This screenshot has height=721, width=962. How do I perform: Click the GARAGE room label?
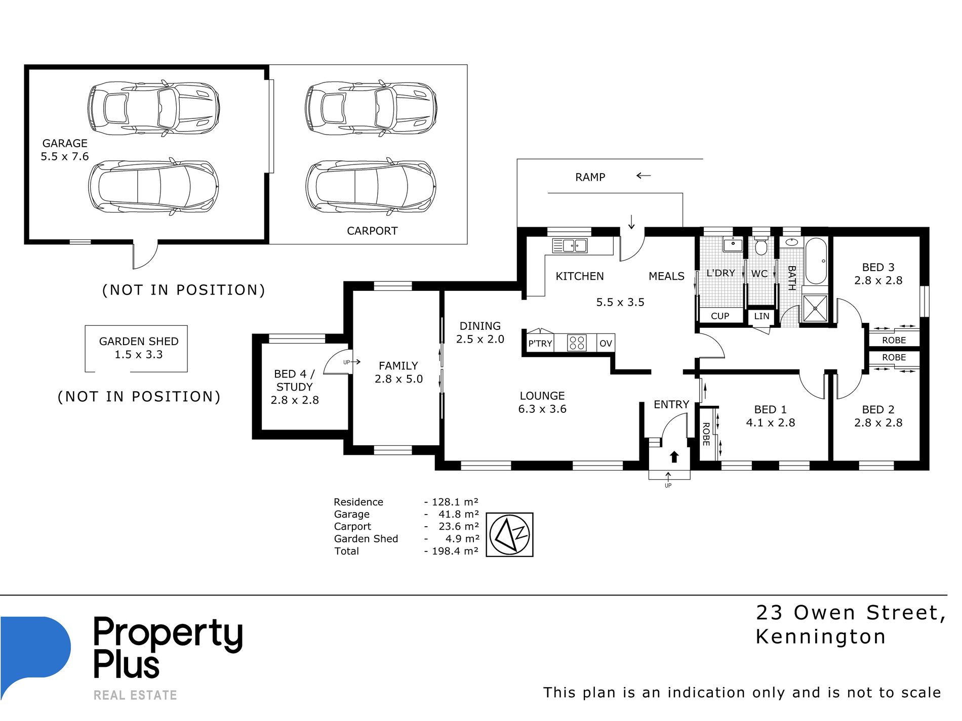tap(65, 144)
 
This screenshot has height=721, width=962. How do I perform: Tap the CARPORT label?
tap(372, 231)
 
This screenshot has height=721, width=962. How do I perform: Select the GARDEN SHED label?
tap(139, 342)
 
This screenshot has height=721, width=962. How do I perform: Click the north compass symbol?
tap(510, 535)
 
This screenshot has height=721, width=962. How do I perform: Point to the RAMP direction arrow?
tap(644, 176)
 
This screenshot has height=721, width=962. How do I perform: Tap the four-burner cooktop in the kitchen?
tap(577, 343)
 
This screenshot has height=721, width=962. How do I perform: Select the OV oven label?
tap(606, 344)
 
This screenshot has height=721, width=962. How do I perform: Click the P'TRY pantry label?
tap(540, 344)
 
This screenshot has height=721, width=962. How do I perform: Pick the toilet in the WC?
tap(760, 245)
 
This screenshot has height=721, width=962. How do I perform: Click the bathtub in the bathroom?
tap(816, 261)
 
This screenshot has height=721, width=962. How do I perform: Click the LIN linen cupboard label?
tap(761, 316)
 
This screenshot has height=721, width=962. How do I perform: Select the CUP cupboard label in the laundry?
tap(720, 316)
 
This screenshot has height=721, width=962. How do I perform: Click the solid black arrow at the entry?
tap(674, 457)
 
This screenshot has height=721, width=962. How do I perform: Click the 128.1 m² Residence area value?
tap(455, 502)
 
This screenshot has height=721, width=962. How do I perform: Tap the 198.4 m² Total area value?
tap(455, 551)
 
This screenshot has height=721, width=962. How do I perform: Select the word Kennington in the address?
tap(821, 637)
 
